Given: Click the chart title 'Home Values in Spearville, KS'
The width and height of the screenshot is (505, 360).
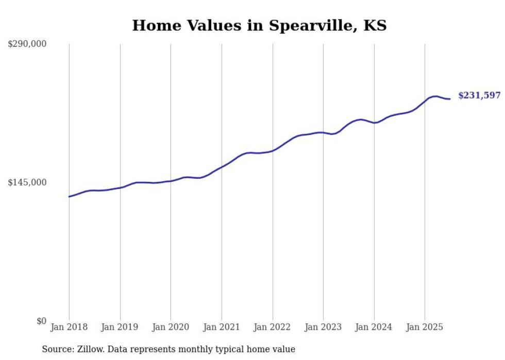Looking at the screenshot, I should [x=259, y=25].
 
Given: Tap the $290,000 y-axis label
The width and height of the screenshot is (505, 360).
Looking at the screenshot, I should [x=27, y=44].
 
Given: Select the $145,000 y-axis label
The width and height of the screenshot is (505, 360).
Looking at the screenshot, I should [x=27, y=182].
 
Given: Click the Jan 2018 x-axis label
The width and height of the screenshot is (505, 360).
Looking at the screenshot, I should [x=69, y=327].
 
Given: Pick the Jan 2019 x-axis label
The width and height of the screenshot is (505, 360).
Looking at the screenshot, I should [x=120, y=327].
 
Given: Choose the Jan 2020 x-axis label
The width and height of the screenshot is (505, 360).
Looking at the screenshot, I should [x=171, y=327].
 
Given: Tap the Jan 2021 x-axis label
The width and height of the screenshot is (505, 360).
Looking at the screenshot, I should [x=222, y=327].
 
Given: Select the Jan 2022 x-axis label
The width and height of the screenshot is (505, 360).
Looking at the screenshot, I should [x=273, y=327].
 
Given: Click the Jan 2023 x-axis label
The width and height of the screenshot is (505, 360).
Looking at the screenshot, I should [x=323, y=327].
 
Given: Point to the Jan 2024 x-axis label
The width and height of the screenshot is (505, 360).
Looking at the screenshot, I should [x=374, y=327].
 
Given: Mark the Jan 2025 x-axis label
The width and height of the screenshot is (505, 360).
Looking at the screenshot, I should [x=425, y=327].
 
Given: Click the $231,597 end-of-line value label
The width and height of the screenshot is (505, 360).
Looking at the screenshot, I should [x=479, y=95].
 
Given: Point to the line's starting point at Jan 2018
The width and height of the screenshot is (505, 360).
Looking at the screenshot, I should [x=69, y=197].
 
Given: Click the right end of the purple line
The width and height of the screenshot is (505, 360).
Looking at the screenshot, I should [x=450, y=99].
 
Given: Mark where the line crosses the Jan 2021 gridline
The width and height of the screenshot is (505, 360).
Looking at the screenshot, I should [x=222, y=167].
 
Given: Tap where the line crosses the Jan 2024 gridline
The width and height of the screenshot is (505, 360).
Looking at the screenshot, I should [x=374, y=123].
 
